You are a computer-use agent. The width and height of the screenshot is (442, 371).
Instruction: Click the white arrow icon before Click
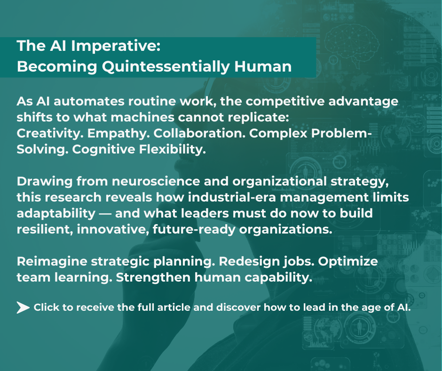coord(23,308)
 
